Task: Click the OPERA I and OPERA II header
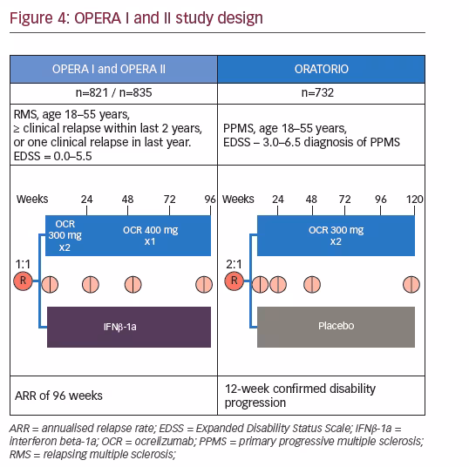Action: click(x=113, y=69)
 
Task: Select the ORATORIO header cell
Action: click(x=322, y=69)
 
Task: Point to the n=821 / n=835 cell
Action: click(x=113, y=92)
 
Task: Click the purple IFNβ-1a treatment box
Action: click(x=129, y=327)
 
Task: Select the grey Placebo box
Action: click(x=336, y=327)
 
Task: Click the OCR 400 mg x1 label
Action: click(x=150, y=235)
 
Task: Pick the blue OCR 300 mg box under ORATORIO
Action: click(x=336, y=235)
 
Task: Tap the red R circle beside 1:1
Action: click(x=23, y=281)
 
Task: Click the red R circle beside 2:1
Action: click(x=234, y=281)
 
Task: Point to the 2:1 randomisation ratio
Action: click(x=234, y=264)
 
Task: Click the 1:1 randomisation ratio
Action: click(x=23, y=264)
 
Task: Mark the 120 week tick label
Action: click(x=415, y=200)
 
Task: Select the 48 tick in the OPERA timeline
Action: click(x=128, y=200)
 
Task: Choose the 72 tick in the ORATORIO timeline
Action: click(x=344, y=200)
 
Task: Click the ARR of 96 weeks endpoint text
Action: click(x=58, y=396)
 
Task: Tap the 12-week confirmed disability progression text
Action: click(x=300, y=396)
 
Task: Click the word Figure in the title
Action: click(x=31, y=18)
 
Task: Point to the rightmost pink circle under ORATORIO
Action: click(x=411, y=284)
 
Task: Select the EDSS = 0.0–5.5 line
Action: click(x=52, y=156)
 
